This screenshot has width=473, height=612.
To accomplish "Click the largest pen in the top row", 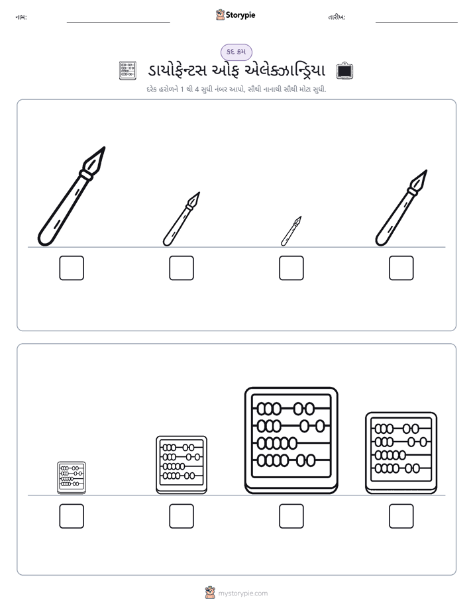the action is coord(71,197).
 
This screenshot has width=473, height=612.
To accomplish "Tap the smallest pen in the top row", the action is coord(291,231).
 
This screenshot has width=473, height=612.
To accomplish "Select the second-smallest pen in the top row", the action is coord(181,219).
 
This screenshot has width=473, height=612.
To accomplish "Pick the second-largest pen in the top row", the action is coord(401,208).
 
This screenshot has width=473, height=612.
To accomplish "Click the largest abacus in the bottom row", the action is coord(291,440).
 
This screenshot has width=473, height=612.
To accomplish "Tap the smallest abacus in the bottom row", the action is coord(72,478).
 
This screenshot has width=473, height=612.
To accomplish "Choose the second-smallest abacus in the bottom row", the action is coord(182,465).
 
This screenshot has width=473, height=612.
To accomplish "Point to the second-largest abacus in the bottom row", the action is coord(401,453).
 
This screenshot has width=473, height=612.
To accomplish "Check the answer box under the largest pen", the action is coord(72,268).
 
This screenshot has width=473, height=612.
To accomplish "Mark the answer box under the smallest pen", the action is coord(291,268).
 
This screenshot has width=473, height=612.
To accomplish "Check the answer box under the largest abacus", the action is coord(291,517).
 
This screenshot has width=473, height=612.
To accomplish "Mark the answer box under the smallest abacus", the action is coord(72,517).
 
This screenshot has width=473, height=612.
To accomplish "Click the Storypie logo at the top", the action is coord(235,15).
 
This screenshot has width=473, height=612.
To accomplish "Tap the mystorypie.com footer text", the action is coord(242,593).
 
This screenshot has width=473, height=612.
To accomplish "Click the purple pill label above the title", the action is coord(236,52).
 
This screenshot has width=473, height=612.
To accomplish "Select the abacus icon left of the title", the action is coord(128,71).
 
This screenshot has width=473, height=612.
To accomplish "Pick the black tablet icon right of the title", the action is coord(344,71).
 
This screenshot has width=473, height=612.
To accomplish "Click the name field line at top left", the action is coord(118,23).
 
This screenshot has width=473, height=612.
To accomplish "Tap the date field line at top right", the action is coord(417,23).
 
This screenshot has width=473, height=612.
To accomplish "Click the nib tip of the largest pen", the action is coord(105,148).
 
